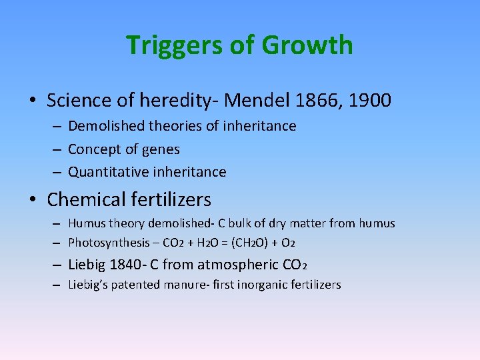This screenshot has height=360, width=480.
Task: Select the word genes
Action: tap(163, 149)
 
